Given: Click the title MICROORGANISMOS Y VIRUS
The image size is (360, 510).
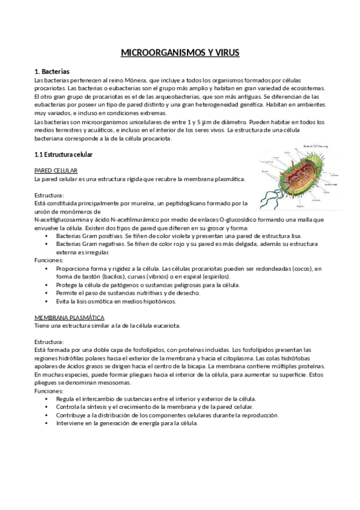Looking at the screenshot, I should pos(180,53).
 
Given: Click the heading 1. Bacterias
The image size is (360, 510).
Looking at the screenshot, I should pos(52,71).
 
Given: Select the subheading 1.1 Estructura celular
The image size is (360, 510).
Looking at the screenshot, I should pos(63,155).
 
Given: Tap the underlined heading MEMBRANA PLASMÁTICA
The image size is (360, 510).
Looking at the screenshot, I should pos(69,317).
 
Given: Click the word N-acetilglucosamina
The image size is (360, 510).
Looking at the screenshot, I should pos(63,220).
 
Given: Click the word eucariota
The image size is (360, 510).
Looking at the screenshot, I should pos(165,325).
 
